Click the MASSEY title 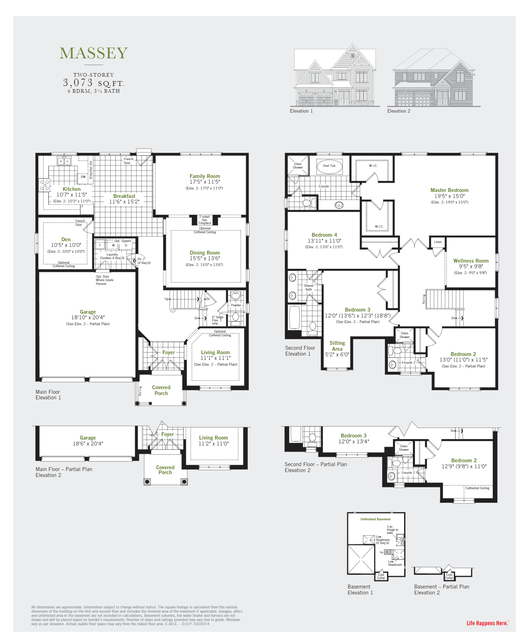[x=93, y=53]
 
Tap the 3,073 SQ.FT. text [x=93, y=83]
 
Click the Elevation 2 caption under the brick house [x=398, y=111]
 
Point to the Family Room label [x=205, y=176]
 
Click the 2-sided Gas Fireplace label [x=205, y=220]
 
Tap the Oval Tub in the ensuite [x=329, y=166]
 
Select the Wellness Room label [x=471, y=261]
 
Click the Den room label [x=66, y=240]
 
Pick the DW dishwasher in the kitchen [x=83, y=177]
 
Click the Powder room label [x=236, y=305]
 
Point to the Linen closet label [x=438, y=242]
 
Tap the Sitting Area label [x=337, y=346]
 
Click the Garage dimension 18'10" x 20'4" [x=87, y=318]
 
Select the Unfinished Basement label [x=375, y=519]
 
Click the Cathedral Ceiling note [x=477, y=488]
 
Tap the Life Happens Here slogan [x=487, y=623]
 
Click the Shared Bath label [x=308, y=287]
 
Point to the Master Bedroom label [x=449, y=190]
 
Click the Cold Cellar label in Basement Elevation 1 [x=381, y=576]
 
